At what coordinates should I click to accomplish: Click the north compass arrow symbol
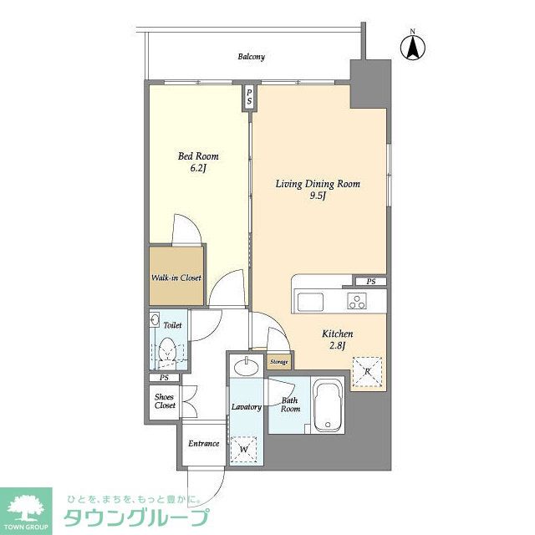[x=412, y=48]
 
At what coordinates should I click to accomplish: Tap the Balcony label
[x=251, y=57]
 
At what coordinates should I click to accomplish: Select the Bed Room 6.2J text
[x=198, y=161]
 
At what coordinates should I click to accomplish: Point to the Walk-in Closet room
[x=176, y=275]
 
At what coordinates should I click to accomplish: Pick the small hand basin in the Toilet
[x=154, y=319]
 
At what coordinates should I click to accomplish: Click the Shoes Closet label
[x=165, y=401]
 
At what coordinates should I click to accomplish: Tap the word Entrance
[x=203, y=443]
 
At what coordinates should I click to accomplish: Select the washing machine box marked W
[x=243, y=450]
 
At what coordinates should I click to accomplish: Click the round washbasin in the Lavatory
[x=246, y=368]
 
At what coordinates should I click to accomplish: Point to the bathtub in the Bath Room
[x=328, y=405]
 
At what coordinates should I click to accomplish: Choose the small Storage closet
[x=278, y=362]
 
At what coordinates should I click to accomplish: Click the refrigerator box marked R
[x=367, y=371]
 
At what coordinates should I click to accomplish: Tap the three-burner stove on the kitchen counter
[x=357, y=301]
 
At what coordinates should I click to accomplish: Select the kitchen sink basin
[x=310, y=302]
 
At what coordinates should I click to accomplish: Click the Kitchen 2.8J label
[x=337, y=339]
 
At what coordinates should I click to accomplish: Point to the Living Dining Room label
[x=318, y=190]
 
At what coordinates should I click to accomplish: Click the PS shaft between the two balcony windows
[x=249, y=97]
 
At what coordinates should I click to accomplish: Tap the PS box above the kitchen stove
[x=371, y=282]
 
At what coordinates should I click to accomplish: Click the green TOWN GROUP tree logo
[x=26, y=511]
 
